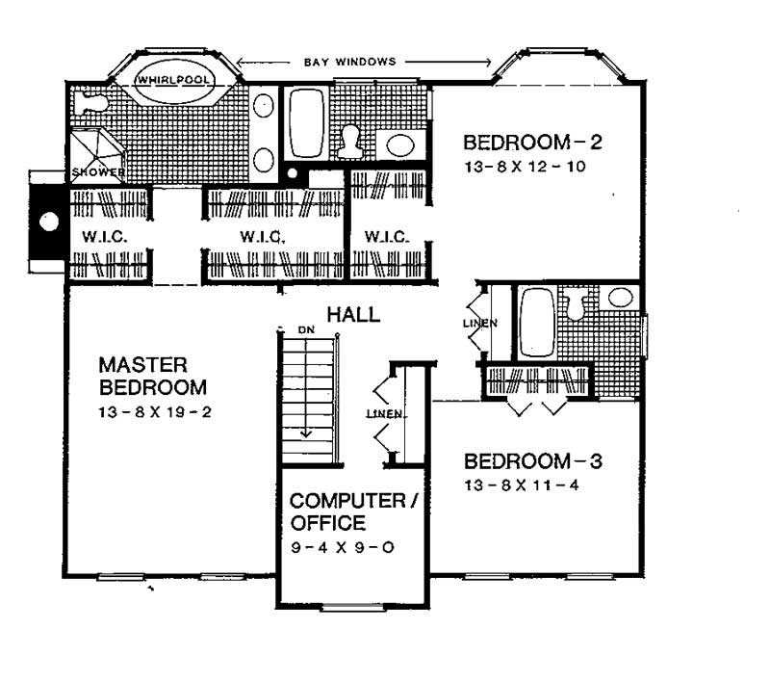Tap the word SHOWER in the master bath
pos(97,172)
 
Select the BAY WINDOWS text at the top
pos(349,62)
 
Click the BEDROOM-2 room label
pos(532,144)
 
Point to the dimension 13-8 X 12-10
pos(525,167)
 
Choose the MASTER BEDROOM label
pos(153,377)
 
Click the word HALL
pos(352,314)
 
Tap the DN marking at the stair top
pos(306,330)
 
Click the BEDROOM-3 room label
pos(532,461)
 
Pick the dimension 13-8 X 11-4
pos(525,485)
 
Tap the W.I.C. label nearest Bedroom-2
pos(383,235)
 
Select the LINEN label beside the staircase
pos(384,414)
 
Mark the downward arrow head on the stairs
pos(306,433)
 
